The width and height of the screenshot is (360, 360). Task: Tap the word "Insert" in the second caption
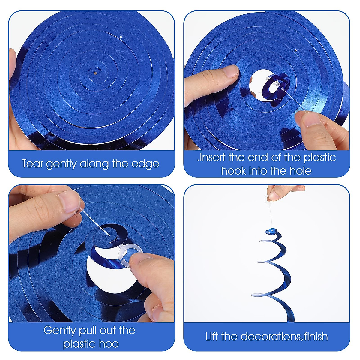point(212,157)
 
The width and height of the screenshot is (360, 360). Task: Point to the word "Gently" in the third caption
point(59,331)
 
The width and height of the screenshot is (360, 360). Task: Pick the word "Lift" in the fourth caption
point(212,337)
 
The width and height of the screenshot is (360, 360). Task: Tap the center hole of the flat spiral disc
point(95,73)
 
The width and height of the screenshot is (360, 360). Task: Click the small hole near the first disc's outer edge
point(121,37)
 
